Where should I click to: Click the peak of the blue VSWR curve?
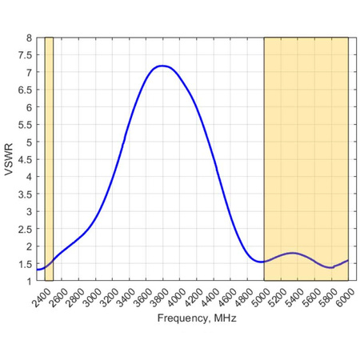coord(162,66)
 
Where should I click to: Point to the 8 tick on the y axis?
coord(29,38)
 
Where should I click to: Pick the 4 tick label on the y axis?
coord(29,177)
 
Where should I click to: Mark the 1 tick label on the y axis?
coord(29,281)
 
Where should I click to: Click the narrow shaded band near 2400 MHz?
coord(49,159)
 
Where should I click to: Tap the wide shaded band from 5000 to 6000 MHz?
coord(306,159)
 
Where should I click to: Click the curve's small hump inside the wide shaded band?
coord(294,253)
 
